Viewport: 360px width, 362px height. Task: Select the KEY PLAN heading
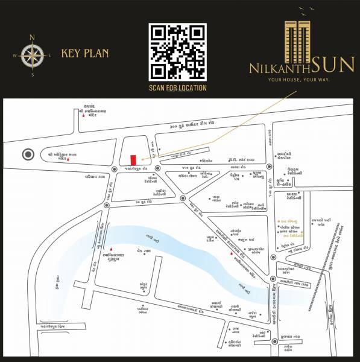pyautogui.click(x=85, y=54)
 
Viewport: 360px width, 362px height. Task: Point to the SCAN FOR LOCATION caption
pyautogui.click(x=178, y=88)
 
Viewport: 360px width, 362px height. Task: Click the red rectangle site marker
pyautogui.click(x=133, y=159)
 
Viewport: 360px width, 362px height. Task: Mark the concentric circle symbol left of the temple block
pyautogui.click(x=27, y=154)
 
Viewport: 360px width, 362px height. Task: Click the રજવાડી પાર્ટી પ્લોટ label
pyautogui.click(x=320, y=223)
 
